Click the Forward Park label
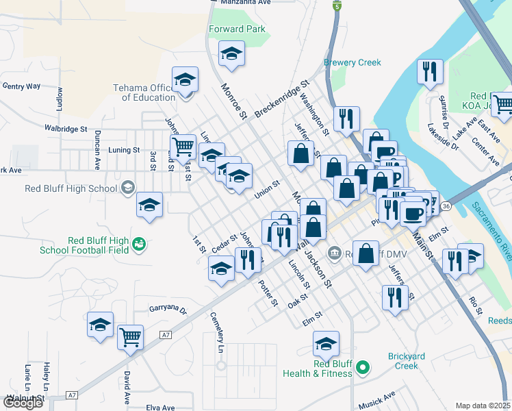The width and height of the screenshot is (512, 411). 237,29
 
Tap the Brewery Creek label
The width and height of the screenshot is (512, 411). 352,63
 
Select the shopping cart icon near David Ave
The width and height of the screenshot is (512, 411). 130,336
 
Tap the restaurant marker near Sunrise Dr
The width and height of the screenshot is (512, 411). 430,73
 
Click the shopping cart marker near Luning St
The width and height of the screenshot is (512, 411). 183,147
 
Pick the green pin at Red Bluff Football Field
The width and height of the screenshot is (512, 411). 139,243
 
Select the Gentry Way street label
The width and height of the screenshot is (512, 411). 22,86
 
